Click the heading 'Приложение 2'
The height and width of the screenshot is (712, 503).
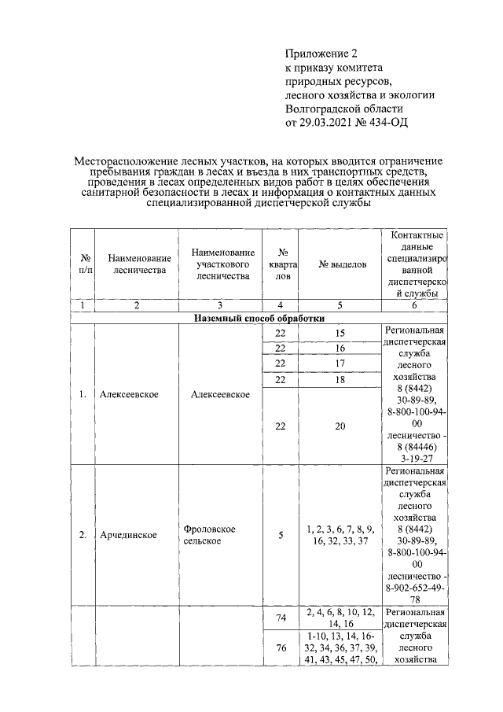click(x=321, y=53)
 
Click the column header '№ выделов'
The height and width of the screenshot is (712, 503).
click(x=342, y=264)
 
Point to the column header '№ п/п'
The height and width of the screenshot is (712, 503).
click(x=82, y=264)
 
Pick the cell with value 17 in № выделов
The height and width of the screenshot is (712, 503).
click(x=340, y=363)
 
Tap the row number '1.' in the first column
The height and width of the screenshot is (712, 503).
click(x=82, y=394)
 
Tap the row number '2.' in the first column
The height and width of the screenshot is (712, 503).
click(x=82, y=535)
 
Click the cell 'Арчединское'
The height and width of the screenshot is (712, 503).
click(x=128, y=535)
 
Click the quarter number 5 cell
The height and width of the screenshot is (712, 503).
click(x=281, y=535)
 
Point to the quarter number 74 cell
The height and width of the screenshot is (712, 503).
click(x=281, y=618)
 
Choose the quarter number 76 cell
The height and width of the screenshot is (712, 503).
click(x=281, y=648)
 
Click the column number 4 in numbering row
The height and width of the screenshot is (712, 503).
click(x=281, y=305)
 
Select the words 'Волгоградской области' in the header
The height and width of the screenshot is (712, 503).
click(x=344, y=108)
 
